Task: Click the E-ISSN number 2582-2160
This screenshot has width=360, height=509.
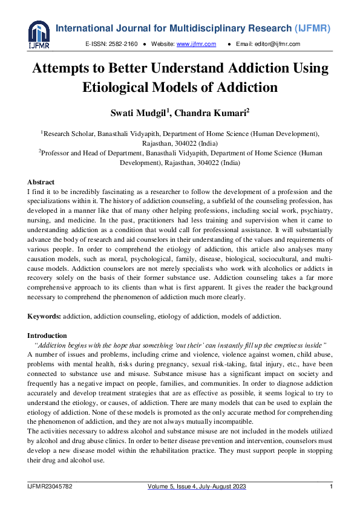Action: point(124,44)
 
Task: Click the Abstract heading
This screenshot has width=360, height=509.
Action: point(41,182)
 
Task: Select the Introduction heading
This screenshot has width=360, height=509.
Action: point(47,335)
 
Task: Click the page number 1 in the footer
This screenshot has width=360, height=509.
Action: point(331,487)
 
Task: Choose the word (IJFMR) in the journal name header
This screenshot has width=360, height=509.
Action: point(316,28)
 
